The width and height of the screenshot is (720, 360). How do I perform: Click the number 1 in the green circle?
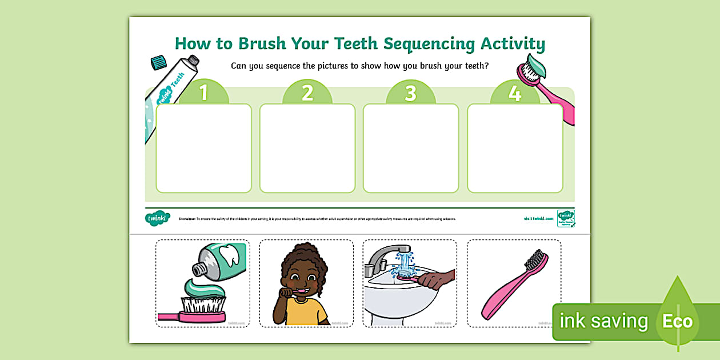[x=203, y=93]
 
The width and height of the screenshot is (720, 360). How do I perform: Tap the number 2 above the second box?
[x=307, y=93]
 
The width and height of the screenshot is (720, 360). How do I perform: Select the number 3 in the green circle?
[x=411, y=93]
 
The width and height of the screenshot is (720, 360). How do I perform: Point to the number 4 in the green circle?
[x=515, y=93]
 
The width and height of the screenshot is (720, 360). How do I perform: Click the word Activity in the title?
[x=513, y=44]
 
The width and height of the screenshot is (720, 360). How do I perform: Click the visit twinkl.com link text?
[x=538, y=218]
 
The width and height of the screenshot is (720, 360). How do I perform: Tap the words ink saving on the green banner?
[x=603, y=322]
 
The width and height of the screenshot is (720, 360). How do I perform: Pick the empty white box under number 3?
[x=411, y=148]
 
